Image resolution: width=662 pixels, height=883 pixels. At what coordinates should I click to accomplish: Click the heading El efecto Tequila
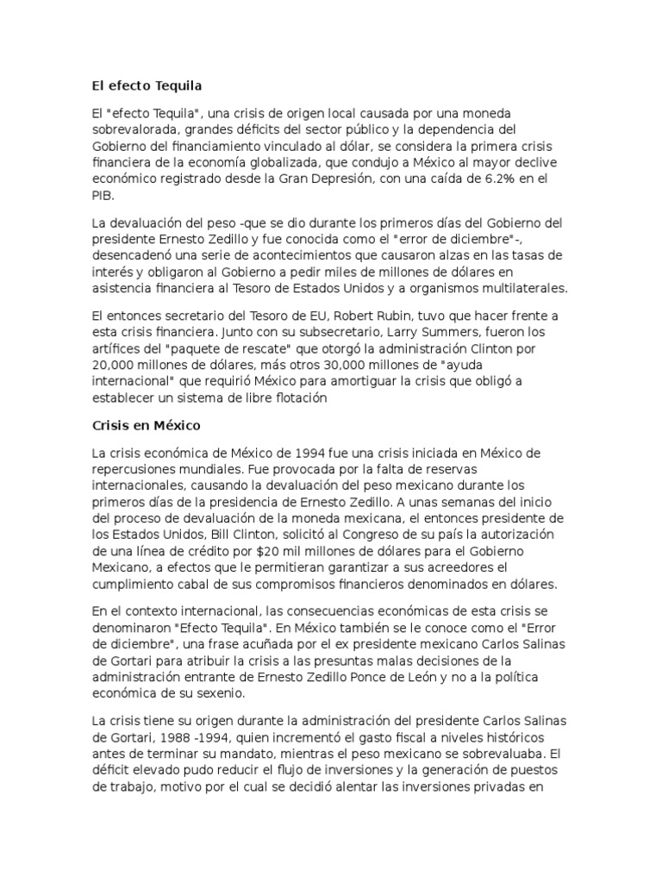tap(147, 85)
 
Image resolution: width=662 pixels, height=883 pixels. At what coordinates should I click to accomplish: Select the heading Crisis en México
tap(146, 425)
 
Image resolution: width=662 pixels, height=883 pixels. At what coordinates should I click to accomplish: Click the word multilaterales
tap(510, 289)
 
